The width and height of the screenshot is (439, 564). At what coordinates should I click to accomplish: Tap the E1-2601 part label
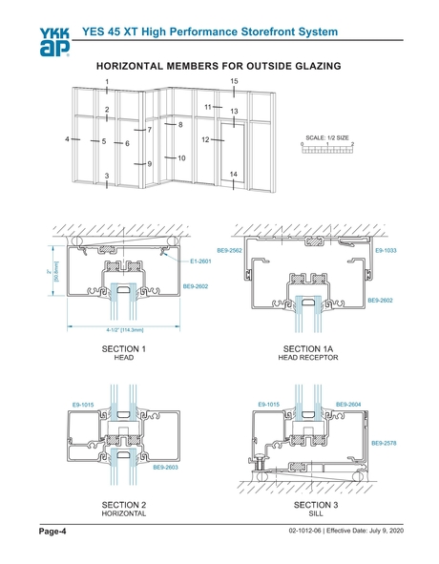pos(200,261)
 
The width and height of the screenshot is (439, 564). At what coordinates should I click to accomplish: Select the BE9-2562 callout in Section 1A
pos(229,250)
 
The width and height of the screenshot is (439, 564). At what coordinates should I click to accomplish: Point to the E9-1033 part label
pos(386,250)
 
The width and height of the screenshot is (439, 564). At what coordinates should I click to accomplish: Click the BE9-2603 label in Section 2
pos(166,468)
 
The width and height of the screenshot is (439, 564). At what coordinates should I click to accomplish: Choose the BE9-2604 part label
pos(348,405)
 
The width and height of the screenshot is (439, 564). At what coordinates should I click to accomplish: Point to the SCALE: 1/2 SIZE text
pos(326,136)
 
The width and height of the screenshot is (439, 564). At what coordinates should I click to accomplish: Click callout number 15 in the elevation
pos(233,82)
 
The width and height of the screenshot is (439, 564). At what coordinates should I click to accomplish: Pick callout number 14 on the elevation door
pos(233,174)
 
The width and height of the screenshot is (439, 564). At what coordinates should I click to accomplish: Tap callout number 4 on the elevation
pos(67,139)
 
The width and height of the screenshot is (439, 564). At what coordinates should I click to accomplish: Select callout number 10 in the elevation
pos(180,157)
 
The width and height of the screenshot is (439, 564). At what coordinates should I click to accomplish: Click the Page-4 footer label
pos(52,531)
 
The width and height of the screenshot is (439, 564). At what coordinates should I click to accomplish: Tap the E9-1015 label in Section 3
pos(270,405)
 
